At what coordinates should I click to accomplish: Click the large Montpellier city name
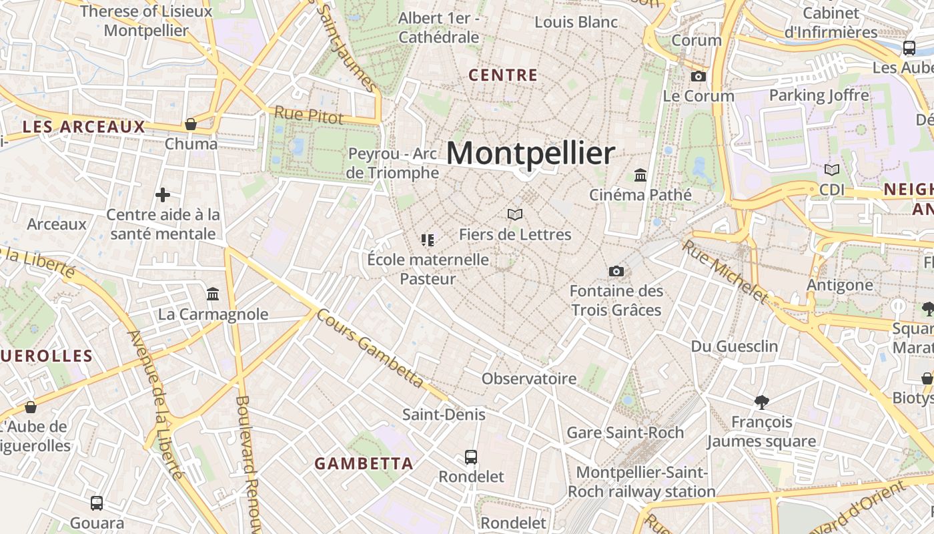tap(530, 154)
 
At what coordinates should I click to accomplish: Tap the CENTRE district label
tap(503, 75)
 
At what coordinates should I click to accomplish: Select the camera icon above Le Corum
tap(698, 76)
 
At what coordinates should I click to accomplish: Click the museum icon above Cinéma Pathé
tap(640, 175)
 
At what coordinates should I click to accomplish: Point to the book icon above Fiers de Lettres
tap(514, 214)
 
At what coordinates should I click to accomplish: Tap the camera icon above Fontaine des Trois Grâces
tap(616, 271)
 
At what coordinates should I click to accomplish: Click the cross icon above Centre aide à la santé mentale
tap(163, 195)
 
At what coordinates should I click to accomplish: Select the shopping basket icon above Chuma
tap(191, 124)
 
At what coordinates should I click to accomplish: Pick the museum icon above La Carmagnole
tap(213, 294)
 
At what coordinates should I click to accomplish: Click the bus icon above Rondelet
tap(471, 457)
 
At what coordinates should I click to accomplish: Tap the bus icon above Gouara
tap(97, 503)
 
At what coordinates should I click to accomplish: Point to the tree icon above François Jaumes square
tap(761, 402)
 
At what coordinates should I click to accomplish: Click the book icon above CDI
tap(831, 170)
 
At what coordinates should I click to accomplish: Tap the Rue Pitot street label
tap(308, 115)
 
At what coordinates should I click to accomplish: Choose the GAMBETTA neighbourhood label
tap(364, 463)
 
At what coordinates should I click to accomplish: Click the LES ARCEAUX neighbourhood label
tap(83, 127)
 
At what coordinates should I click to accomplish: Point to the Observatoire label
tap(529, 379)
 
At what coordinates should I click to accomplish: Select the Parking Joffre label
tap(819, 95)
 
